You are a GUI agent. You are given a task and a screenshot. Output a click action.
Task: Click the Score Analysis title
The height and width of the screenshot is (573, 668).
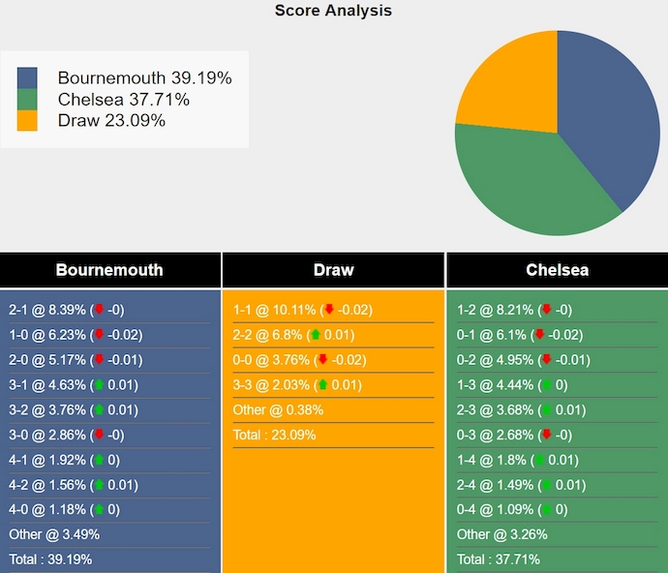pyautogui.click(x=333, y=11)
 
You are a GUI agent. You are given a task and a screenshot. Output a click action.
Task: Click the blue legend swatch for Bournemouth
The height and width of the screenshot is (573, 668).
pyautogui.click(x=27, y=77)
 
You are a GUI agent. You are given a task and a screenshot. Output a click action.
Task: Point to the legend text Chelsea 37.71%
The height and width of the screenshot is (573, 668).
pyautogui.click(x=123, y=100)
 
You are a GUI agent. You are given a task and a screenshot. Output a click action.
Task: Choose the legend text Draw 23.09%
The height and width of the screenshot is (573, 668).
pyautogui.click(x=111, y=121)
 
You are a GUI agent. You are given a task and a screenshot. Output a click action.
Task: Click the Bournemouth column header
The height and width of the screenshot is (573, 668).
pyautogui.click(x=109, y=270)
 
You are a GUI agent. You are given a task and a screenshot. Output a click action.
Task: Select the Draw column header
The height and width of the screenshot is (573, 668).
pyautogui.click(x=333, y=270)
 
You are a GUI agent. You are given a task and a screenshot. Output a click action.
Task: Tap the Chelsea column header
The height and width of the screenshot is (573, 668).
pyautogui.click(x=557, y=270)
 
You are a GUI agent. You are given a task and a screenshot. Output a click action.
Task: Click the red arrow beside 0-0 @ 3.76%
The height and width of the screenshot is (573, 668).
pyautogui.click(x=322, y=360)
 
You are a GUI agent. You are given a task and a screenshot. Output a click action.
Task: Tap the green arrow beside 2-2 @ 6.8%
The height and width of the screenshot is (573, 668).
pyautogui.click(x=316, y=335)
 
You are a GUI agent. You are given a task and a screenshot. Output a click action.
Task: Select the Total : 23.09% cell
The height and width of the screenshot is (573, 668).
pyautogui.click(x=277, y=435)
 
